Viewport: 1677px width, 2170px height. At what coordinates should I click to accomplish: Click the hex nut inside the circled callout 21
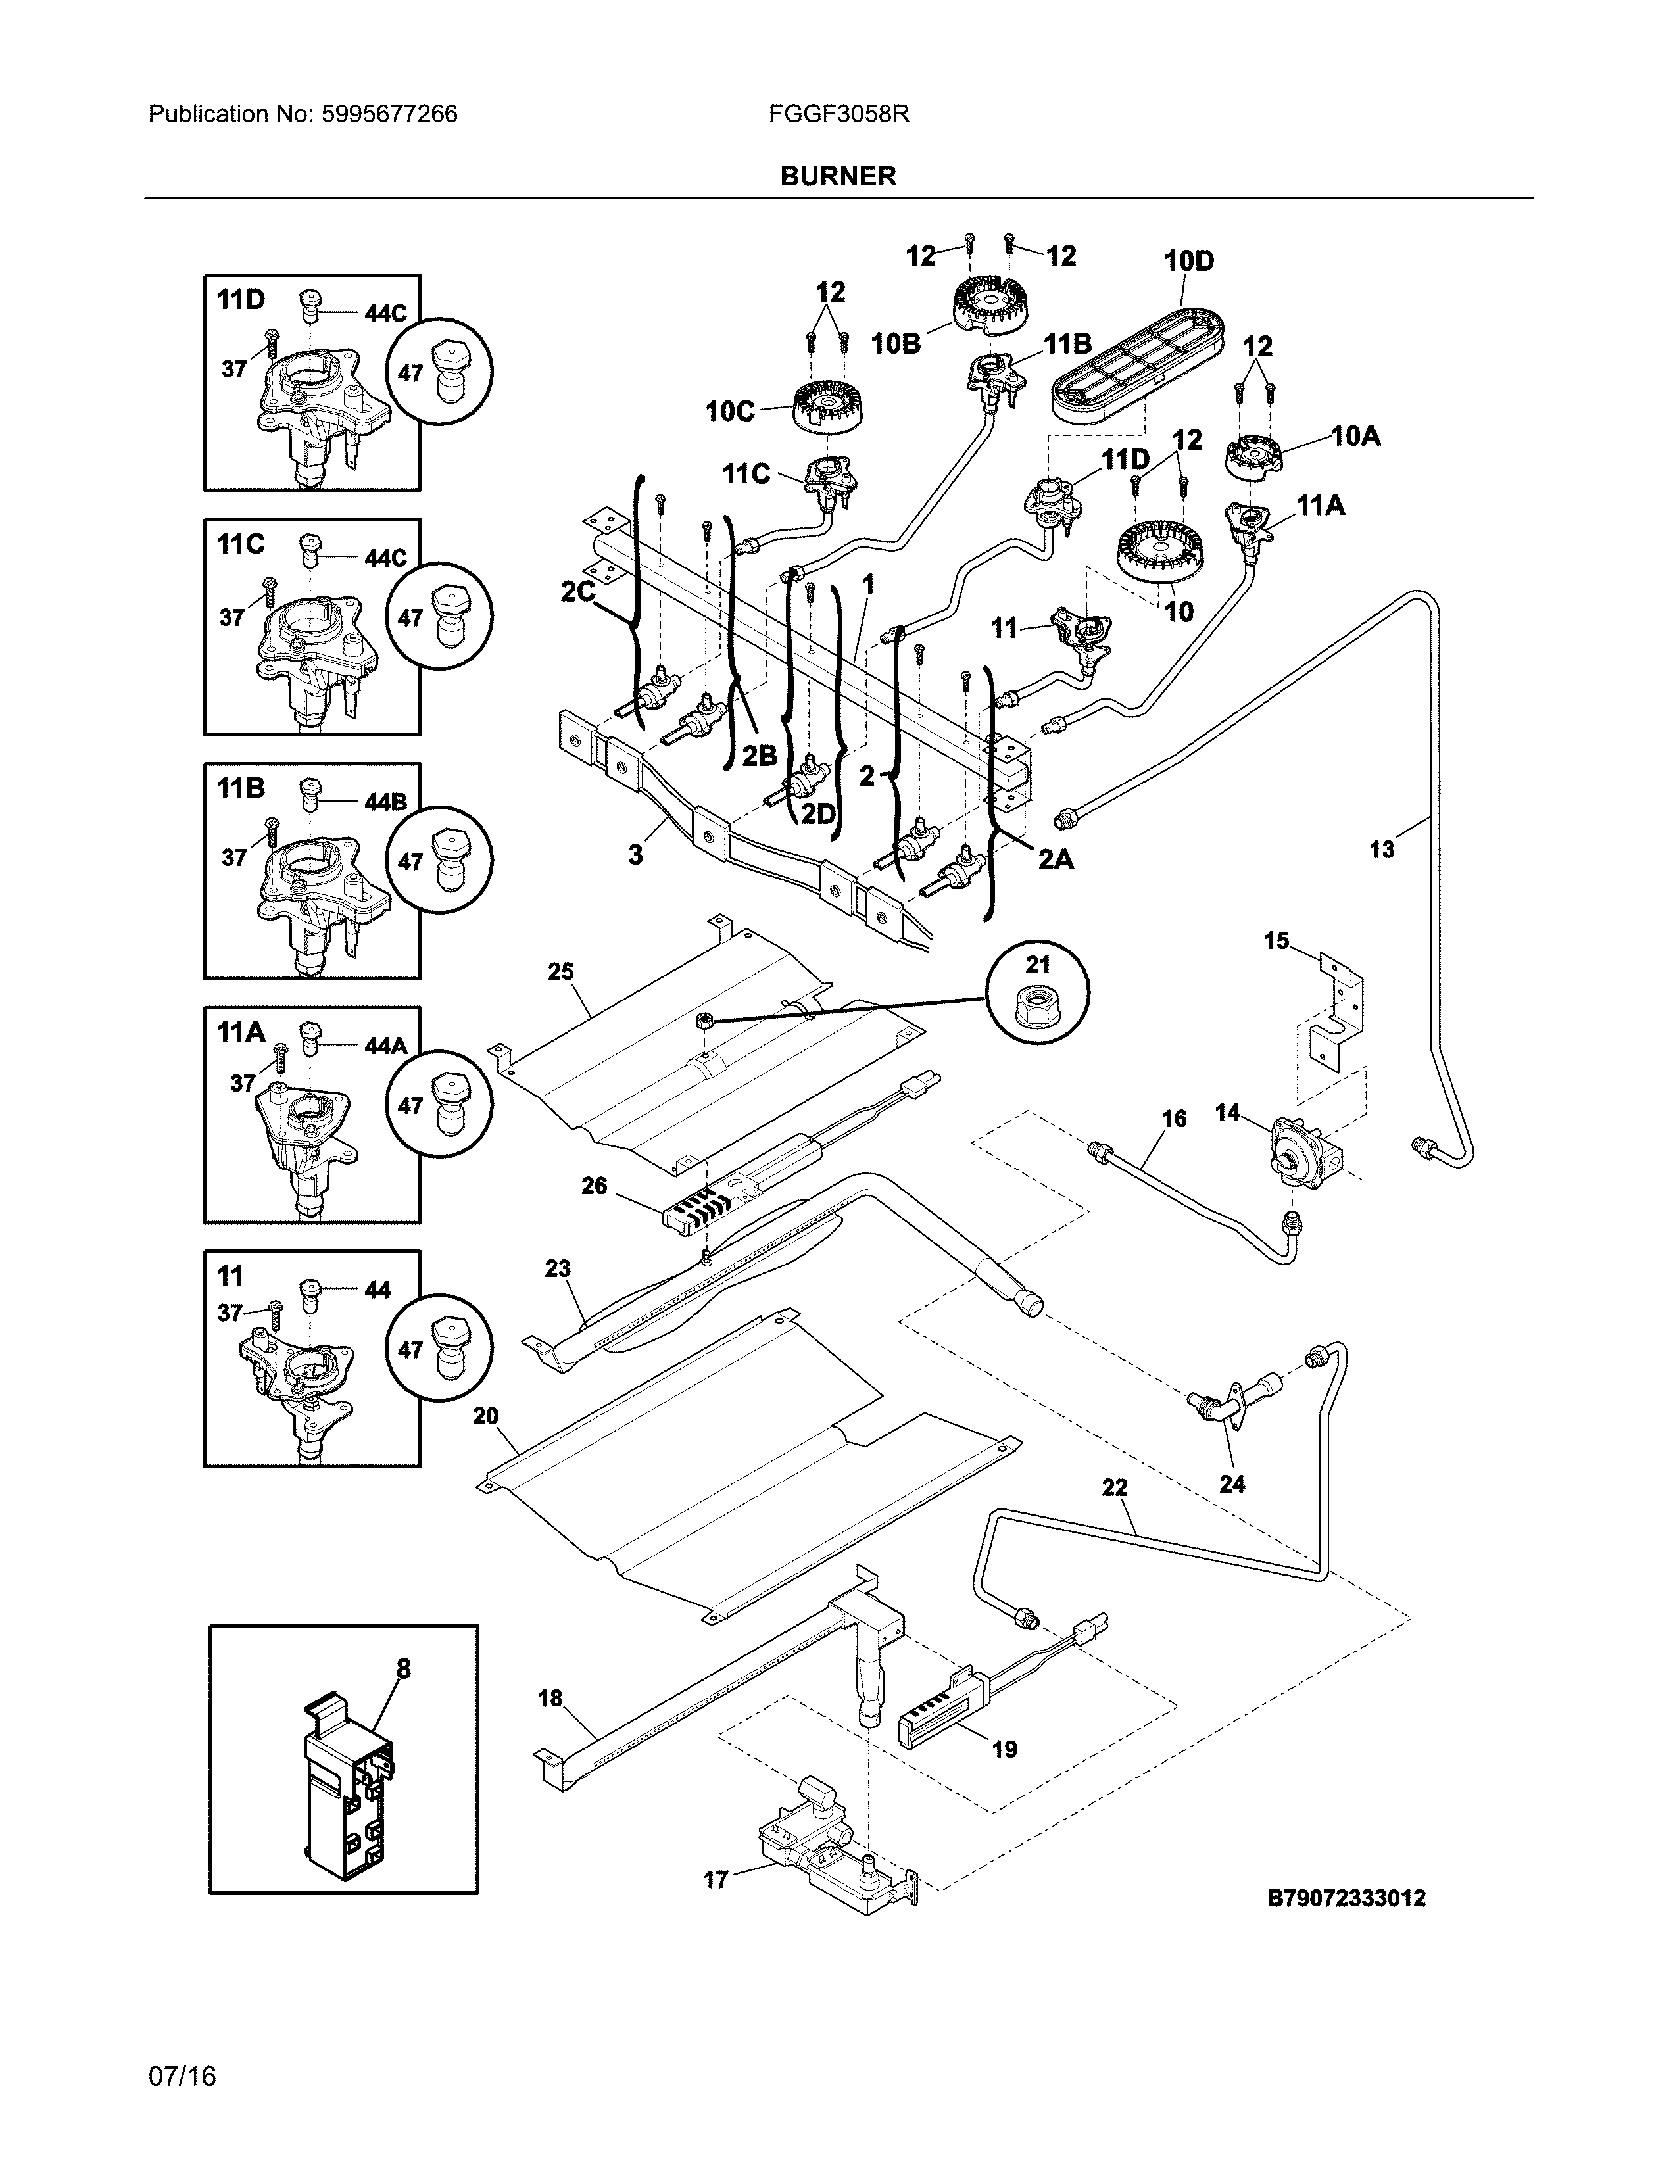click(1037, 1007)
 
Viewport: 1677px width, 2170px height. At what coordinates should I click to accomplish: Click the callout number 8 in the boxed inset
click(403, 1669)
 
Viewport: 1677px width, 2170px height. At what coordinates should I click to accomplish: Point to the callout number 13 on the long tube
click(1381, 850)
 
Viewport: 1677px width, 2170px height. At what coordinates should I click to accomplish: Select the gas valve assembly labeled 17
click(829, 1853)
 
